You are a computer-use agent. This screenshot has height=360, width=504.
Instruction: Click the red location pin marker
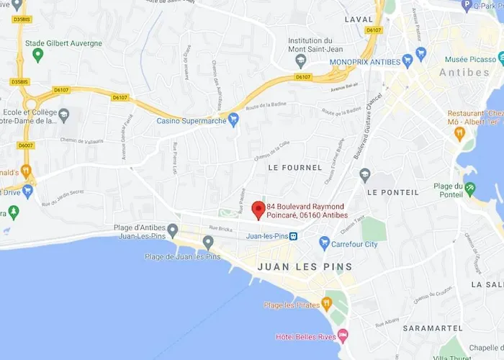pyautogui.click(x=258, y=209)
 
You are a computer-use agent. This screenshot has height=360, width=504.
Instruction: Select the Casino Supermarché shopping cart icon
pyautogui.click(x=233, y=120)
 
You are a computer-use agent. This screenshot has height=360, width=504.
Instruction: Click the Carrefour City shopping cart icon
pyautogui.click(x=324, y=243)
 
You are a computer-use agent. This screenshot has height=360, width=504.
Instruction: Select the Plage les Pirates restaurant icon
pyautogui.click(x=327, y=303)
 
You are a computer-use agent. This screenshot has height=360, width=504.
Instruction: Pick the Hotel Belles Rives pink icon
pyautogui.click(x=343, y=336)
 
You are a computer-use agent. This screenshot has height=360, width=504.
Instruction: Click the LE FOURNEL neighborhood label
pyautogui.click(x=294, y=167)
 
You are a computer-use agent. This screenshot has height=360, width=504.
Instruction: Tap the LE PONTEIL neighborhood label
pyautogui.click(x=392, y=192)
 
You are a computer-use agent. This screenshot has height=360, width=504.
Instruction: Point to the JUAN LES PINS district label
pyautogui.click(x=305, y=266)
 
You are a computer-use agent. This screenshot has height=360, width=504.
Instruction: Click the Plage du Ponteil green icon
pyautogui.click(x=470, y=189)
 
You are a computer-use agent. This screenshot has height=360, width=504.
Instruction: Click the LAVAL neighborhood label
pyautogui.click(x=359, y=18)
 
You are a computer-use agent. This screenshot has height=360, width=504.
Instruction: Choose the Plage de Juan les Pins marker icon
pyautogui.click(x=208, y=242)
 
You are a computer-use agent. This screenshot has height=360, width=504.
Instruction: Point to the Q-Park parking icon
pyautogui.click(x=466, y=5)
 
